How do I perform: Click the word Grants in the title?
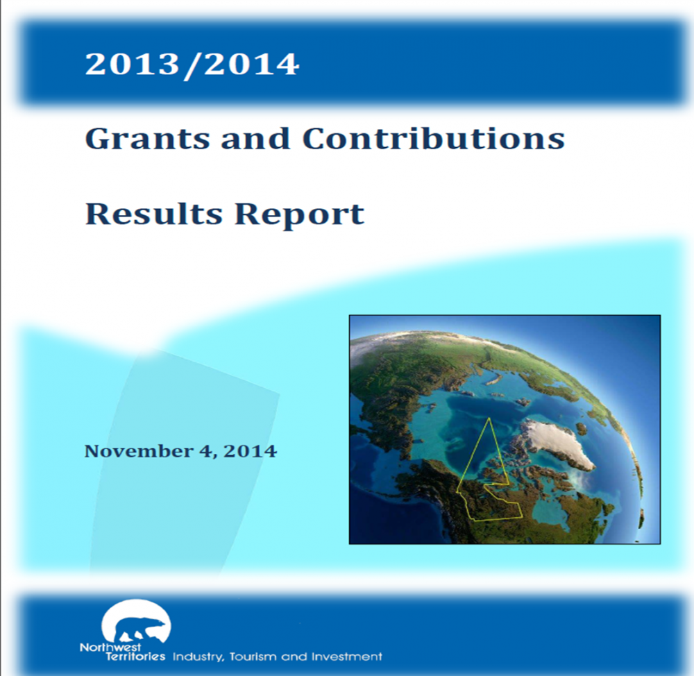tap(146, 139)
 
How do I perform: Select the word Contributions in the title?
tap(433, 139)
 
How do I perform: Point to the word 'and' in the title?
tap(255, 139)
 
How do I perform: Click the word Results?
tap(153, 214)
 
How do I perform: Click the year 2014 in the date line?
tap(251, 451)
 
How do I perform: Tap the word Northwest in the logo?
tap(110, 648)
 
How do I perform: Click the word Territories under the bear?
tap(135, 656)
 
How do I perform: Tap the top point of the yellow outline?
tap(489, 418)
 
